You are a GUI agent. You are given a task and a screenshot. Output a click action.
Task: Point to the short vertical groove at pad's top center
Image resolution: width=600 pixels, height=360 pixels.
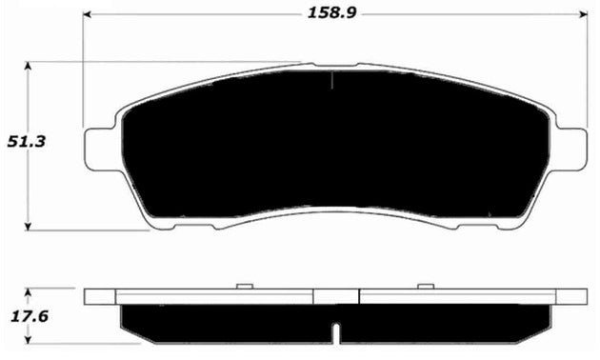point(330,80)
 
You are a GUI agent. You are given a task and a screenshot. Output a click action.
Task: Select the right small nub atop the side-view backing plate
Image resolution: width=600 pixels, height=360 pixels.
point(424,285)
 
